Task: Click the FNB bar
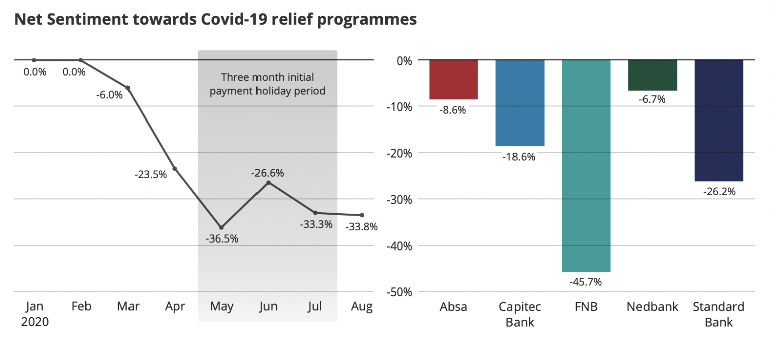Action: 586,166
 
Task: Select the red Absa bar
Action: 453,80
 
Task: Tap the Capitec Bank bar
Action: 520,103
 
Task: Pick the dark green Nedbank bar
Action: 653,75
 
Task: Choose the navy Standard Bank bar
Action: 719,121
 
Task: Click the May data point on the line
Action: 221,227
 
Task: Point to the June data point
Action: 268,182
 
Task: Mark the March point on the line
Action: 127,88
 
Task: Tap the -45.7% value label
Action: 585,282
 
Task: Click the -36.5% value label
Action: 222,239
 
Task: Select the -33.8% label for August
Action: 361,227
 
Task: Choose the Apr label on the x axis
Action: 175,307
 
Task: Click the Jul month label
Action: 315,307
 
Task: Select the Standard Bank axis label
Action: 719,314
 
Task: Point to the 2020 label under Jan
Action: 35,322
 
